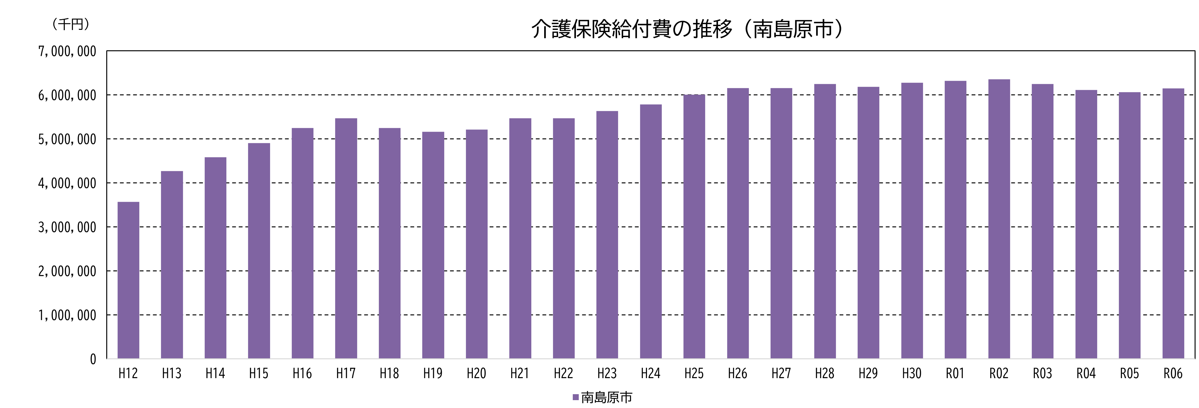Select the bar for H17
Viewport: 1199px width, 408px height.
point(346,238)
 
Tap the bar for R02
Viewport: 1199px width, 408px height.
point(999,219)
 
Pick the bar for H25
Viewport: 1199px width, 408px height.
point(694,227)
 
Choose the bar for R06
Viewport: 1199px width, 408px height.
point(1173,223)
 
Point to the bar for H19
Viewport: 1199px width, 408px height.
point(433,245)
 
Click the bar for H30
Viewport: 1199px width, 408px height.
point(912,221)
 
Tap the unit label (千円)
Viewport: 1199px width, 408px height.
point(71,24)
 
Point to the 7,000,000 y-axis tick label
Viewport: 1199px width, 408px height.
point(67,51)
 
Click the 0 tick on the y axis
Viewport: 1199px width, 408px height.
point(93,359)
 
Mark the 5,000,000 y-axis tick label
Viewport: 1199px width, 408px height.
point(67,139)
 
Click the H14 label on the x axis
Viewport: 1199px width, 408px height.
point(215,373)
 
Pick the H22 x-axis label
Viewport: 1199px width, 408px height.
point(563,373)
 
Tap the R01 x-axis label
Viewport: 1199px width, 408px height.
point(955,373)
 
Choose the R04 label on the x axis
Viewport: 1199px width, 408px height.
point(1086,373)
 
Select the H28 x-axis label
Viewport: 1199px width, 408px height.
point(824,373)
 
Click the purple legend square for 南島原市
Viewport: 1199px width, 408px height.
point(575,397)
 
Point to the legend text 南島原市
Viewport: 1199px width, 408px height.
point(606,397)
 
